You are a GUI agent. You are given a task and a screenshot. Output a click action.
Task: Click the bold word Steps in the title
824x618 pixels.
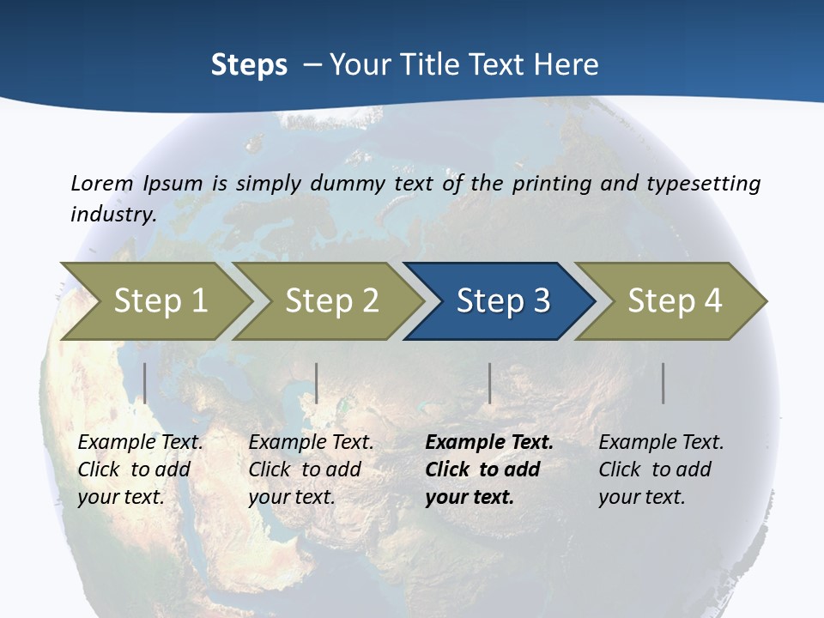click(x=249, y=65)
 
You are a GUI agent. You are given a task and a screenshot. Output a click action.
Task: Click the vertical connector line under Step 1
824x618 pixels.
click(x=145, y=383)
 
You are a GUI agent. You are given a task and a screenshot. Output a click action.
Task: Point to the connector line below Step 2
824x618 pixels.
click(x=317, y=383)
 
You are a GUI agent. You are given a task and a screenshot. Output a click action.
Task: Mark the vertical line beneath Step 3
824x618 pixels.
click(x=490, y=383)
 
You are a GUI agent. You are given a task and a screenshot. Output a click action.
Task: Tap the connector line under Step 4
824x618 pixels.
click(x=663, y=383)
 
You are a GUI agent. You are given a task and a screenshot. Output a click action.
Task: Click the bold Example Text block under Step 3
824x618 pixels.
click(x=488, y=470)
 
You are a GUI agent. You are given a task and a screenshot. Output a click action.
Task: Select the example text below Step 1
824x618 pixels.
click(x=140, y=470)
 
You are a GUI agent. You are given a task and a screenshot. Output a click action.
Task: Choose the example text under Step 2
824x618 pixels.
click(x=311, y=470)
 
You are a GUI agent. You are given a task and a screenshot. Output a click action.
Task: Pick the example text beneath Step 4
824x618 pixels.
click(x=661, y=470)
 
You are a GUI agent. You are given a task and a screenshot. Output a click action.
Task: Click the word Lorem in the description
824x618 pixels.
click(x=102, y=183)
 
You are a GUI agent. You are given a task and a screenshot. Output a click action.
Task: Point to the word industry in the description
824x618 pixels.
click(x=112, y=214)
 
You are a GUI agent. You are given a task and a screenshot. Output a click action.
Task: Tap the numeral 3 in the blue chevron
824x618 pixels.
click(x=541, y=300)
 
